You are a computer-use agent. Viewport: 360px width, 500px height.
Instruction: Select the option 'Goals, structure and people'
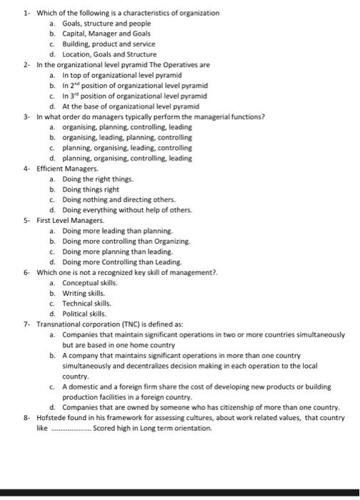click(x=101, y=24)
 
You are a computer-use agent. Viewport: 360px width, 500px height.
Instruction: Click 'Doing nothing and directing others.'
click(x=119, y=199)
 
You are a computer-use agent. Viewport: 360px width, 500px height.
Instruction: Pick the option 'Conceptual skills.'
click(x=89, y=282)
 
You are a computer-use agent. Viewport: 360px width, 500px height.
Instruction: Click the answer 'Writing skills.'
click(x=84, y=293)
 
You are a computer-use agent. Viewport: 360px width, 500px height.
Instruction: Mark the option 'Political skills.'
click(x=84, y=314)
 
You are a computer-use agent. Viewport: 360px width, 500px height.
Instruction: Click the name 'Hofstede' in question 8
click(x=52, y=418)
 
